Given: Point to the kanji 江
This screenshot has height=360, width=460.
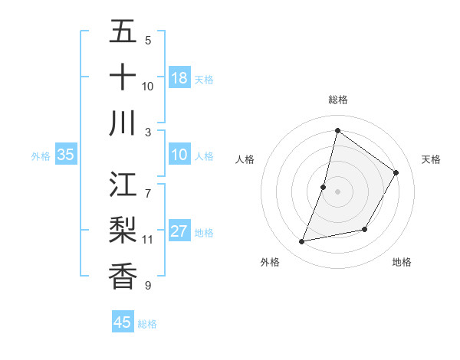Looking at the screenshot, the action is pyautogui.click(x=123, y=185).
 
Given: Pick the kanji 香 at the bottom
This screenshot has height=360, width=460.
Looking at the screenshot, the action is pyautogui.click(x=123, y=277).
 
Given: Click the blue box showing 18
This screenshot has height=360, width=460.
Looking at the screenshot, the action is pyautogui.click(x=179, y=78).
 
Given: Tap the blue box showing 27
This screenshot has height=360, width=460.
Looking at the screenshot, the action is pyautogui.click(x=179, y=232).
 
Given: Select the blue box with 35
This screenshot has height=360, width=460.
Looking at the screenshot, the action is pyautogui.click(x=66, y=155).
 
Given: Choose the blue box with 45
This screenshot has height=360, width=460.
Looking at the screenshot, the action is pyautogui.click(x=123, y=322).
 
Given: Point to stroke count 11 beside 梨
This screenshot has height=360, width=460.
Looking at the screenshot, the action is pyautogui.click(x=148, y=240).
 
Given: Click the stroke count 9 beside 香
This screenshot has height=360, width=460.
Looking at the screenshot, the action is pyautogui.click(x=148, y=286).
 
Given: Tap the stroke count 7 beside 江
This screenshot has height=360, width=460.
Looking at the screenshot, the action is pyautogui.click(x=148, y=185).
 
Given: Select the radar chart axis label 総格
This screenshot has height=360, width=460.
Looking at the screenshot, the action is pyautogui.click(x=337, y=100).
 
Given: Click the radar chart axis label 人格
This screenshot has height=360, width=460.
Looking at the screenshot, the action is pyautogui.click(x=245, y=159).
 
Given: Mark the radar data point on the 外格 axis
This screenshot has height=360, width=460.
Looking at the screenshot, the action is pyautogui.click(x=302, y=242).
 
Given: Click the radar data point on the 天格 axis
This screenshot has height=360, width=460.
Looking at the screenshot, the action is pyautogui.click(x=396, y=173).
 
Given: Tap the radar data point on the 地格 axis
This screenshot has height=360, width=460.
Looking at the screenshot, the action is pyautogui.click(x=365, y=229).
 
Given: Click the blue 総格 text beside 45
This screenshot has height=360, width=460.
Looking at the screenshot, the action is pyautogui.click(x=147, y=324).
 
